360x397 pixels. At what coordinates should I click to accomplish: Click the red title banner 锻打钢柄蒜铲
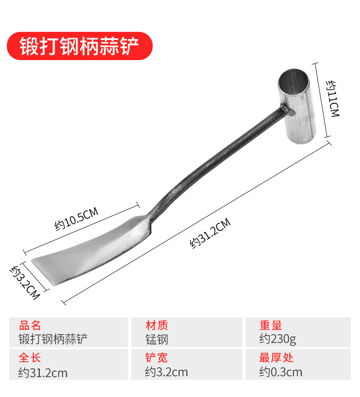pyautogui.click(x=79, y=46)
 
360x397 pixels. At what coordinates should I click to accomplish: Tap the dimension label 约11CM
pyautogui.click(x=334, y=99)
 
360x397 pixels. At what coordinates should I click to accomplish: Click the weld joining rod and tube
pyautogui.click(x=283, y=110)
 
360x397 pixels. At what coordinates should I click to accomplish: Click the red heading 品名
pyautogui.click(x=30, y=326)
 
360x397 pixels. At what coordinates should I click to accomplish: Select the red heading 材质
pyautogui.click(x=157, y=326)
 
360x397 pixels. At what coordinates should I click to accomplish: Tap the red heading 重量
pyautogui.click(x=271, y=326)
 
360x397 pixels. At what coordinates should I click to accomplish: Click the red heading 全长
pyautogui.click(x=30, y=358)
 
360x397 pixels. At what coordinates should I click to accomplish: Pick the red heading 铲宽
pyautogui.click(x=157, y=358)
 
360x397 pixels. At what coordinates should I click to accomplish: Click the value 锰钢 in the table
pyautogui.click(x=157, y=339)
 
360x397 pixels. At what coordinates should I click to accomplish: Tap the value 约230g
pyautogui.click(x=278, y=339)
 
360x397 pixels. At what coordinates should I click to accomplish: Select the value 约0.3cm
pyautogui.click(x=281, y=372)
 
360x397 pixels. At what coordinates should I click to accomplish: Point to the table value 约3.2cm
pyautogui.click(x=166, y=372)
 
